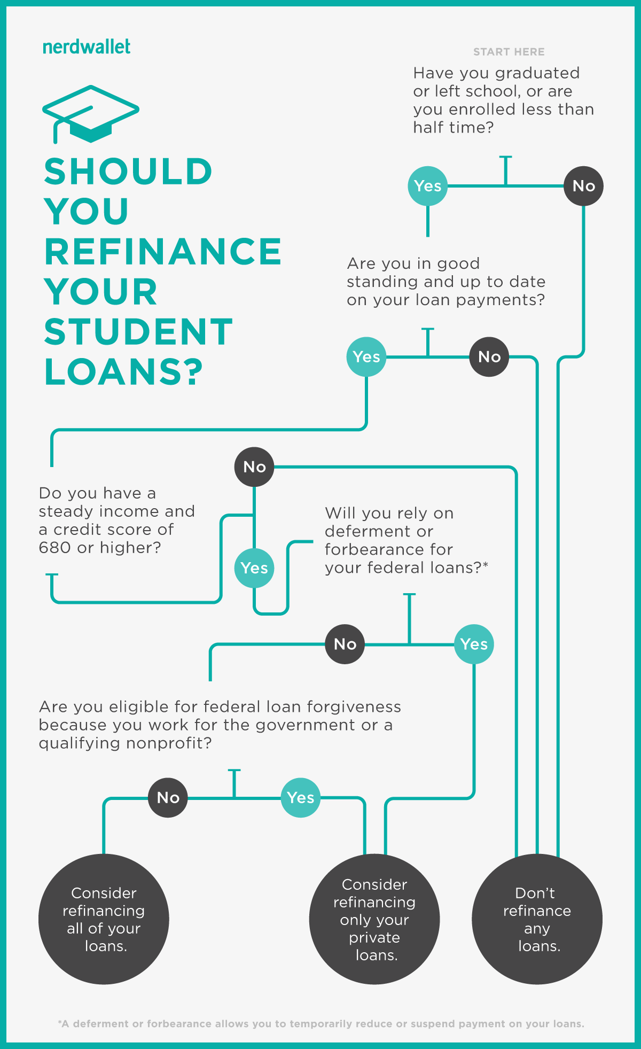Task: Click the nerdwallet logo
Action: (87, 47)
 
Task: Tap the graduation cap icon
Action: (91, 114)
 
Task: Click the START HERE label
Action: (509, 52)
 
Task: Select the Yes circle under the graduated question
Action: (427, 186)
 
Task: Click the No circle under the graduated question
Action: (583, 186)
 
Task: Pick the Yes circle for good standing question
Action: (366, 356)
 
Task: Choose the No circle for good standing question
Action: (489, 356)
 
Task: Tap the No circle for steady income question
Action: (254, 467)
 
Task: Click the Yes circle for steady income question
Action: (254, 568)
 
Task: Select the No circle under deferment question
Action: (345, 644)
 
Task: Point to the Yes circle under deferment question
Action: (474, 644)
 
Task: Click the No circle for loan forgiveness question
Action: (168, 798)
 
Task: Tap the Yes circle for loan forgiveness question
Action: (300, 798)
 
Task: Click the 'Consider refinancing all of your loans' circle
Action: (104, 919)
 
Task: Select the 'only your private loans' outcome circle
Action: (374, 919)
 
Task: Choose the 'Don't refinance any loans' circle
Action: (537, 919)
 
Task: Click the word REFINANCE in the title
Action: (163, 252)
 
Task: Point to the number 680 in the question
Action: (54, 548)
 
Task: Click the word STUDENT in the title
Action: (138, 332)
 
